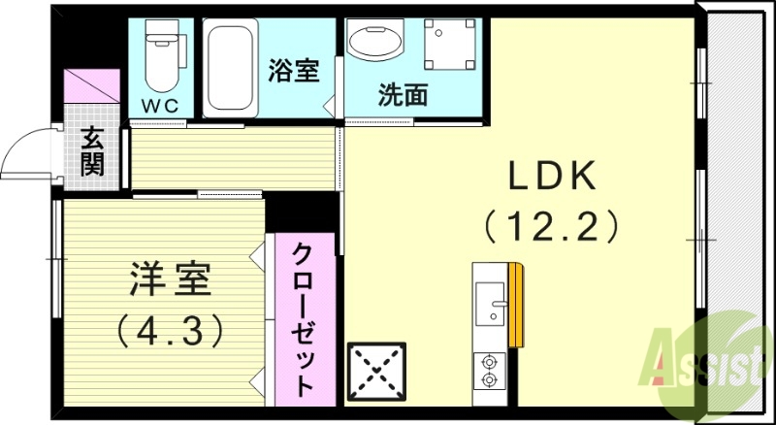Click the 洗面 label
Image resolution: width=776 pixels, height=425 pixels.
[x=404, y=95]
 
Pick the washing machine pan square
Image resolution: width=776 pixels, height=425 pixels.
[x=449, y=49]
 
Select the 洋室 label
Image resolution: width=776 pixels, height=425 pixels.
[x=167, y=281]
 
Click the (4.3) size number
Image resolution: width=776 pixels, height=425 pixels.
[x=169, y=330]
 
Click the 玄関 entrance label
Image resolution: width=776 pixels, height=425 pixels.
[x=92, y=151]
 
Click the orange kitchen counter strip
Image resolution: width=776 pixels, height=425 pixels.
[x=516, y=303]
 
